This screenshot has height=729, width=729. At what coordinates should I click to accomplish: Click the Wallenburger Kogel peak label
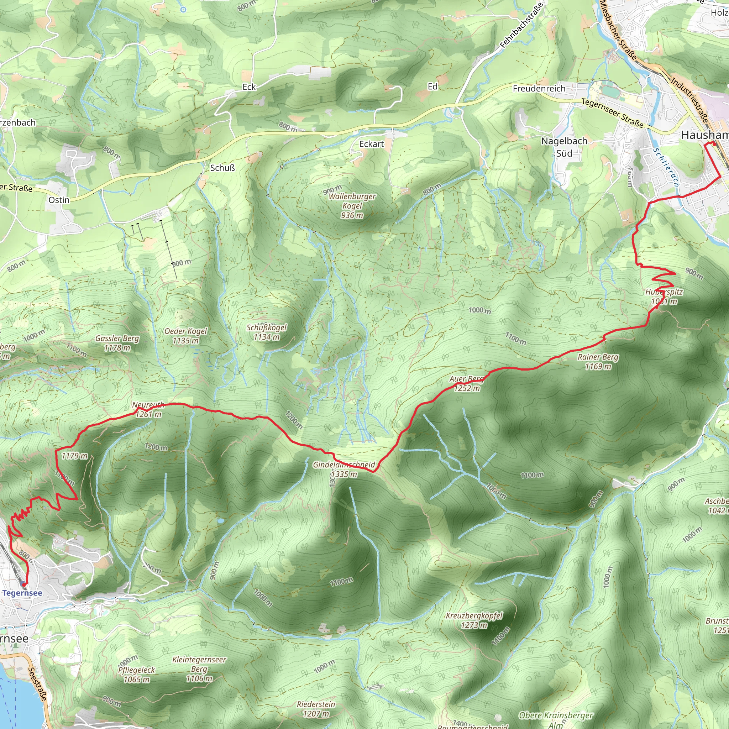352,206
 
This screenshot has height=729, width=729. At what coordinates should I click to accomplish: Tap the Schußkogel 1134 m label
267,332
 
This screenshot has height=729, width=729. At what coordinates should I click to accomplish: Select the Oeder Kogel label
186,336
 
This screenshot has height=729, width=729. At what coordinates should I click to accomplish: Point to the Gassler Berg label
117,343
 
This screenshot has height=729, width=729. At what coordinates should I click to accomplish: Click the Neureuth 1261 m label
148,409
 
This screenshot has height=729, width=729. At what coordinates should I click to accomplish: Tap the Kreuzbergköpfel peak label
474,620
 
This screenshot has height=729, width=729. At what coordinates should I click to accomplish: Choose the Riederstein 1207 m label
316,709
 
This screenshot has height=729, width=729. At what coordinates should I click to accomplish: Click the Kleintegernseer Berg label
199,669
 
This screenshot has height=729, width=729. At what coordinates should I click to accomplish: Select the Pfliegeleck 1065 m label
136,674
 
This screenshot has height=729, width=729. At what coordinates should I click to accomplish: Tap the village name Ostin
59,200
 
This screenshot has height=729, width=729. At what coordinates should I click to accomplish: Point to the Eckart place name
371,144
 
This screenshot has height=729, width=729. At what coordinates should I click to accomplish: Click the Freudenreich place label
539,89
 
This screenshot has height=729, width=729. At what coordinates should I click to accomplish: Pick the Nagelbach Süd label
564,147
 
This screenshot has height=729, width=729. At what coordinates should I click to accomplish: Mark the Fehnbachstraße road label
521,25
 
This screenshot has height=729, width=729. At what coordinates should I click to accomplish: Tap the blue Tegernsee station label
22,593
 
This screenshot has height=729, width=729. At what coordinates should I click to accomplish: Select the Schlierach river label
666,167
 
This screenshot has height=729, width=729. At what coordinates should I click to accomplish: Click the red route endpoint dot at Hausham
714,143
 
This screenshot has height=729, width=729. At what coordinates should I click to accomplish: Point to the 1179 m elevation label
74,456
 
